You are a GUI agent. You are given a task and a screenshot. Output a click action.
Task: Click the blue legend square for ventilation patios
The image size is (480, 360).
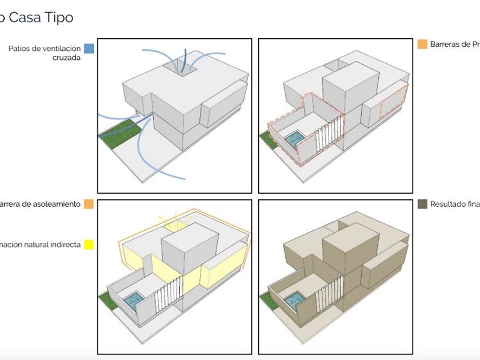(88, 49)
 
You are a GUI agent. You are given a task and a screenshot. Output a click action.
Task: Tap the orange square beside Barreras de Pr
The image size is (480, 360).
(422, 44)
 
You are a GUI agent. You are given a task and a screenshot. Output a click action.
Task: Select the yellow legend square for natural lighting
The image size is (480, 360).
(88, 245)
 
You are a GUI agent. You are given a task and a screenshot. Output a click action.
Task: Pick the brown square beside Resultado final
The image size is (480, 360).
(422, 204)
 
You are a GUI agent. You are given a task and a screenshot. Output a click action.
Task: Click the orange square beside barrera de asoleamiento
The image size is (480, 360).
(88, 204)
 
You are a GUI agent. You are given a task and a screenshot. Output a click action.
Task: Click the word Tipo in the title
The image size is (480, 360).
(57, 17)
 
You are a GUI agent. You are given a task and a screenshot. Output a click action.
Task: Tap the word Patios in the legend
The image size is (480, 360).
(21, 49)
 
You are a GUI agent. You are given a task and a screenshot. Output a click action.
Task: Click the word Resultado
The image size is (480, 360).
(449, 204)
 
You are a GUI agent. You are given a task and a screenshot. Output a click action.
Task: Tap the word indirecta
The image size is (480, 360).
(63, 245)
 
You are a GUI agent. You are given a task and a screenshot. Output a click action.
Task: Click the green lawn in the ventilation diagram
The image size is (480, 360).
(120, 133)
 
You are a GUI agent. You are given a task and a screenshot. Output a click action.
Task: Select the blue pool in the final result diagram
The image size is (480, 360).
(296, 299)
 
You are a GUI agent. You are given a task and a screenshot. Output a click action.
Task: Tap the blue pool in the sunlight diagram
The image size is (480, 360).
(135, 299)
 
